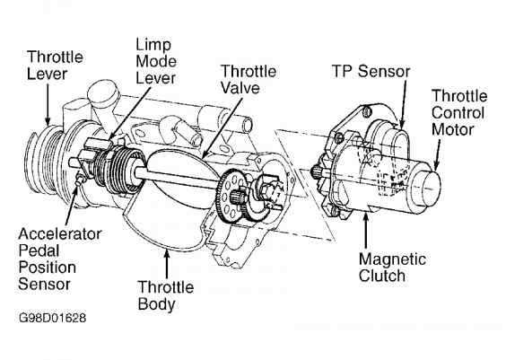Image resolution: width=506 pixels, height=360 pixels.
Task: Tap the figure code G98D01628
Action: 51,319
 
